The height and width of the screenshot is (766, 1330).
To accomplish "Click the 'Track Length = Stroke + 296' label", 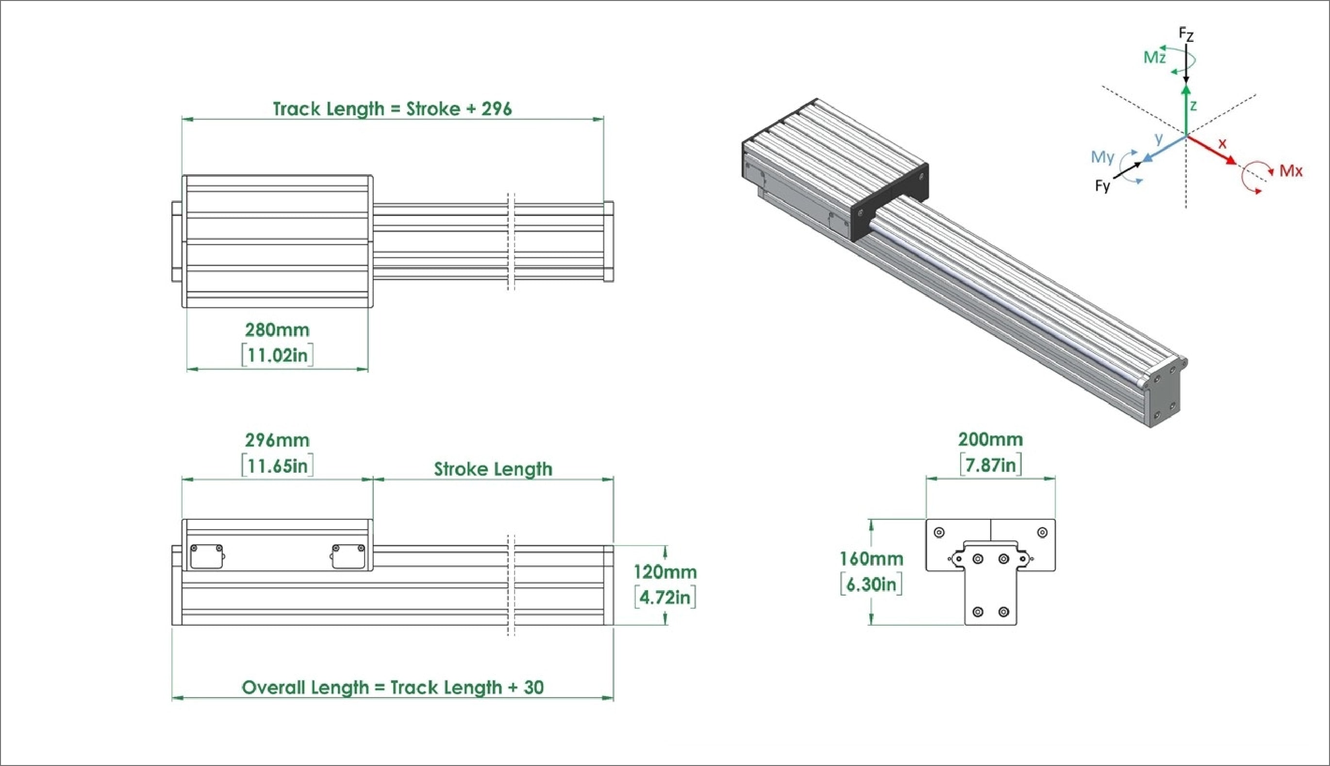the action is [x=392, y=109].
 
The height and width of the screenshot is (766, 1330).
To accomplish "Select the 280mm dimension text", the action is [x=277, y=330].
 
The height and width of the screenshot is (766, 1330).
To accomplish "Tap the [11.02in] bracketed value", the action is [x=277, y=355].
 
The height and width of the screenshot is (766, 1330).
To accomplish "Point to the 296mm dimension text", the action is [x=277, y=440].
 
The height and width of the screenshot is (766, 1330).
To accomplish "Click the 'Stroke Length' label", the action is [x=493, y=469].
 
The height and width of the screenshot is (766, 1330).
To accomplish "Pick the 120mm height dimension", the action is [x=665, y=572].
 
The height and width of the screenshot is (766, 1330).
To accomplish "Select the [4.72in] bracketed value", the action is [x=665, y=597].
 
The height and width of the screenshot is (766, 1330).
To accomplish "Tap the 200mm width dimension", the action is [x=990, y=439].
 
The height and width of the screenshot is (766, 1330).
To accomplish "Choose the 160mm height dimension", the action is [x=871, y=558].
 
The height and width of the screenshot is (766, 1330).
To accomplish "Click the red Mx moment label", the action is [x=1291, y=171].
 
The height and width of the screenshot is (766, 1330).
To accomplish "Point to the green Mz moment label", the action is [x=1154, y=57].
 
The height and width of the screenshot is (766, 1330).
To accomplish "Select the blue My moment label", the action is [x=1102, y=157].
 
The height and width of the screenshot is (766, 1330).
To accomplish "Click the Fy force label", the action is [x=1102, y=186].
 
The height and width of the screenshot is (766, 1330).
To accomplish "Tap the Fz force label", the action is [x=1186, y=35].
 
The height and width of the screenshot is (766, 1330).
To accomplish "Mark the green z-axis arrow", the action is [x=1186, y=111].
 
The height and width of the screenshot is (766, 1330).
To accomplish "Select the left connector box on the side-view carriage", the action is [x=206, y=557].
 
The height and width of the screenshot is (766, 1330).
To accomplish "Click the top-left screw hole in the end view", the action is [x=939, y=533].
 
